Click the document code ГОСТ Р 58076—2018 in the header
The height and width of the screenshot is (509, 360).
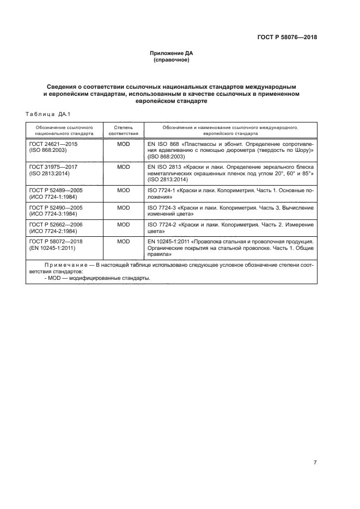point(287,38)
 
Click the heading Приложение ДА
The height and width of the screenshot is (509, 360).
point(172,53)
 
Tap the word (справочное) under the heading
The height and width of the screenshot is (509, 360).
point(172,60)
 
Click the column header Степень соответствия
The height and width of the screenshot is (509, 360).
point(124,130)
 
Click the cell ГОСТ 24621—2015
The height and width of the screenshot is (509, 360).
point(53,143)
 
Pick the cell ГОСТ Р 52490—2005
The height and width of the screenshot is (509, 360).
point(55,207)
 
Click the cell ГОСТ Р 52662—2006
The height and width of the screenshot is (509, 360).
point(55,224)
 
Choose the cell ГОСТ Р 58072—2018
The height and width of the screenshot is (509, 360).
point(55,241)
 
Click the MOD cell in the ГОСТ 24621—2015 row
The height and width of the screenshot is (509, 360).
point(124,143)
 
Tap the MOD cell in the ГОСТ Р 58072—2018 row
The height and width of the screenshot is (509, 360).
point(124,241)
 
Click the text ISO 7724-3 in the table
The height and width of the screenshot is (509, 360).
point(162,207)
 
